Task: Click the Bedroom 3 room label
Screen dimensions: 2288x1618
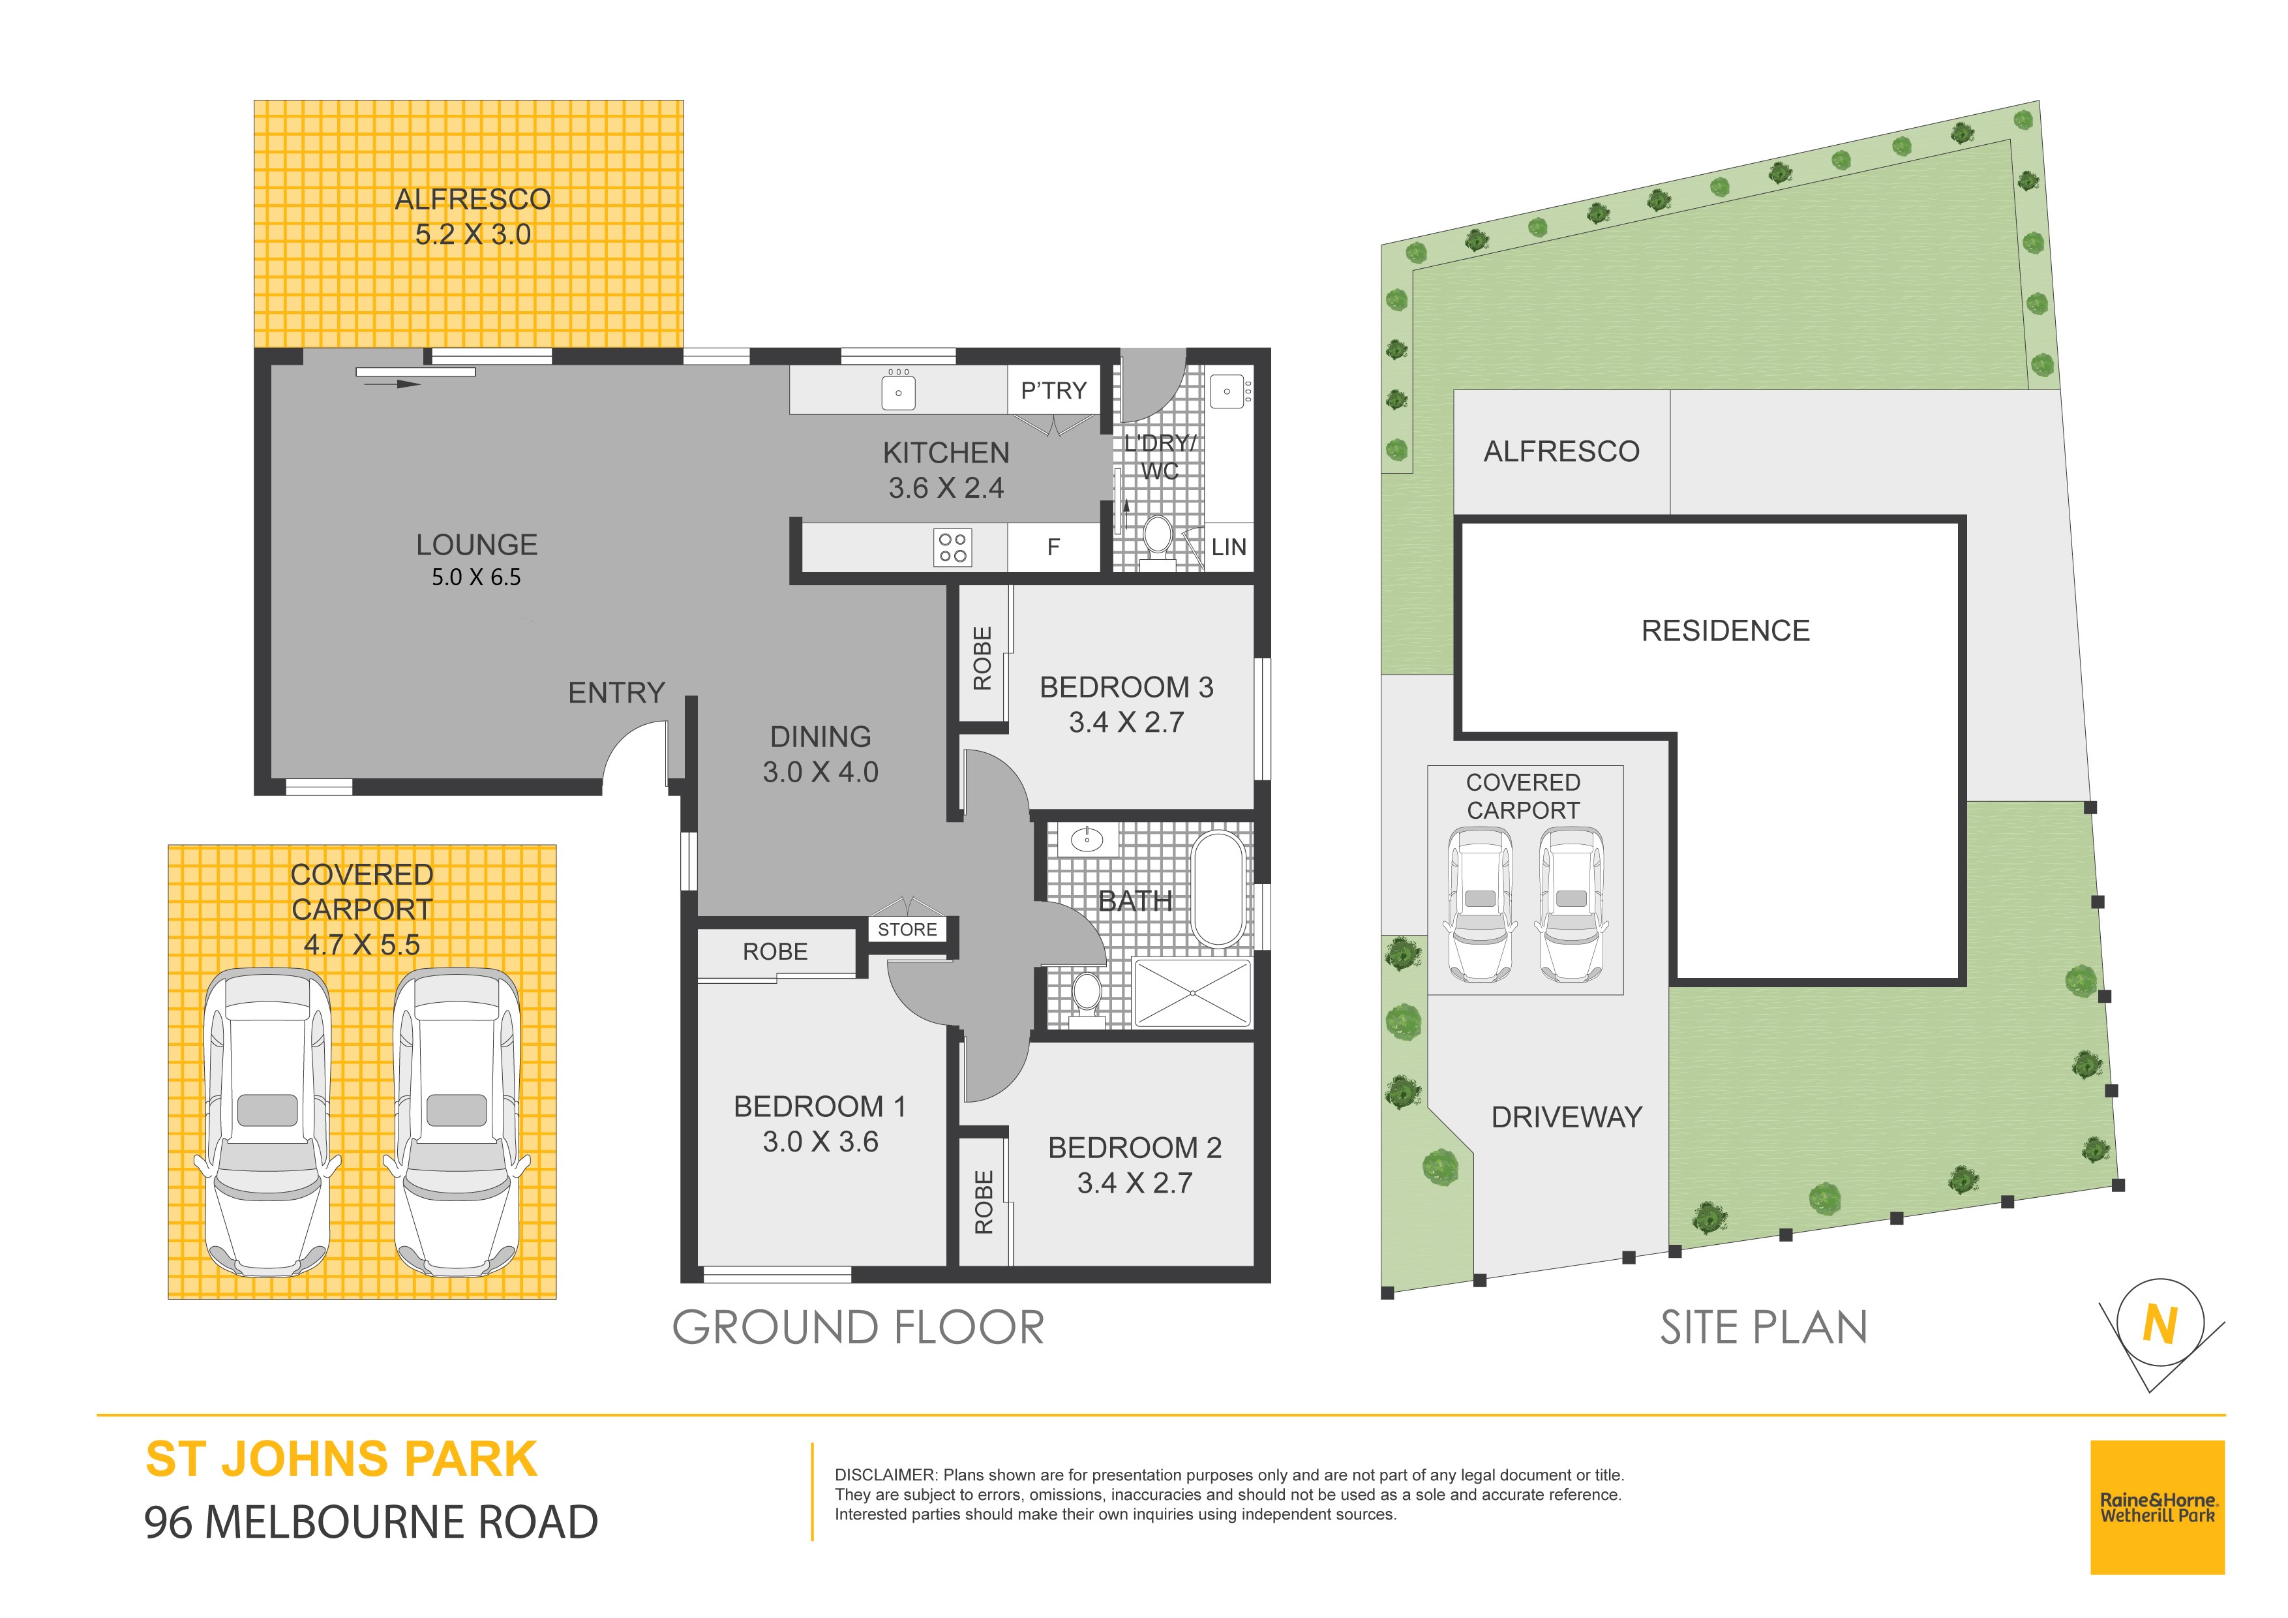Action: [x=1126, y=687]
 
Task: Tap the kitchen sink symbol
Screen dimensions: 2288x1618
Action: [x=898, y=389]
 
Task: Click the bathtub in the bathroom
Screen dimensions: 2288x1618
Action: [x=1218, y=888]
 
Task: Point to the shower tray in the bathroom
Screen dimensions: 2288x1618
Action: [x=1192, y=993]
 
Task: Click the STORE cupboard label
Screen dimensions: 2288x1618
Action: [x=907, y=929]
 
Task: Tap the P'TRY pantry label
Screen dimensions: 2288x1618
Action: [x=1053, y=391]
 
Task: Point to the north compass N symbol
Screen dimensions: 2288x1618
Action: [x=2158, y=1325]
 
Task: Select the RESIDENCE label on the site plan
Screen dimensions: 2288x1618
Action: [x=1725, y=631]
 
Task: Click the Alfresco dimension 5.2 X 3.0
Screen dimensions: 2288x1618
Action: [x=472, y=234]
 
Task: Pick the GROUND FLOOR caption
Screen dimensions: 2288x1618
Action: [x=858, y=1328]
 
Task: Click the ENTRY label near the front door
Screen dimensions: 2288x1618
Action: [x=616, y=693]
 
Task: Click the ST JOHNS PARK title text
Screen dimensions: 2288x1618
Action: [x=342, y=1459]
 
